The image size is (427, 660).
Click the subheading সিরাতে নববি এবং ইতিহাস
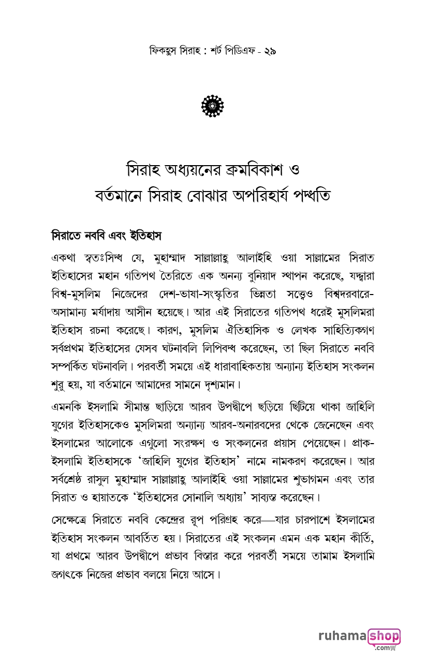(107, 236)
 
